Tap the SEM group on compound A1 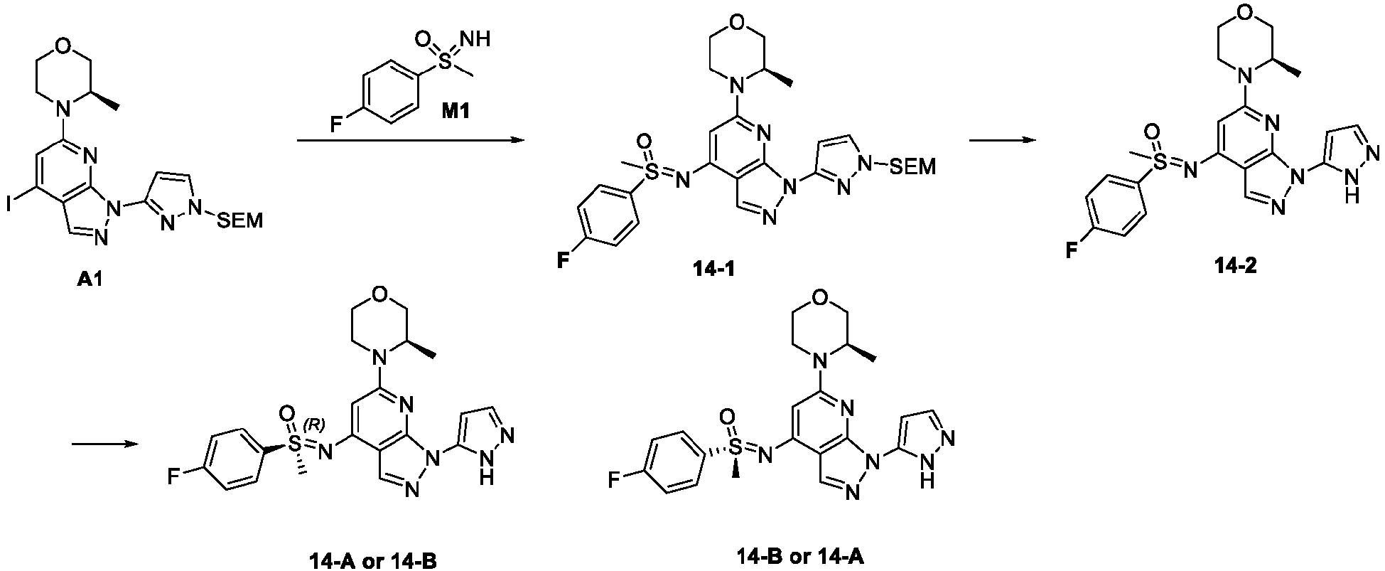(239, 221)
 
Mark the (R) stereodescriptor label (313, 425)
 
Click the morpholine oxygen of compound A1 (65, 49)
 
